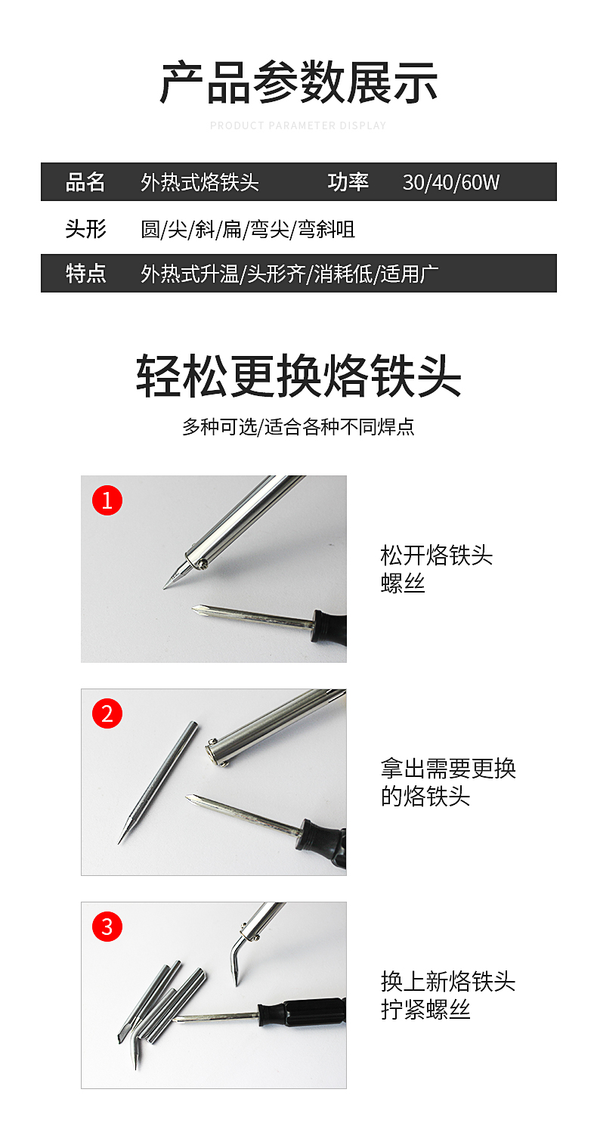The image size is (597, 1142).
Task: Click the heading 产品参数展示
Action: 298,82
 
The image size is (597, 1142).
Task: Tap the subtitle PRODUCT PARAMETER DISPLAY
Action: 298,125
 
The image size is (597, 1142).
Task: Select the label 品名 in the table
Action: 85,182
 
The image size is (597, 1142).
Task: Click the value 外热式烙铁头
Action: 200,182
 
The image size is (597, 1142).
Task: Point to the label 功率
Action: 348,182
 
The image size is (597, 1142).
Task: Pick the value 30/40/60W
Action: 451,182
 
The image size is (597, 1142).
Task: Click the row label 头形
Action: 85,228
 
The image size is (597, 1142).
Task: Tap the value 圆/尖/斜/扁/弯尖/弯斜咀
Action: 248,229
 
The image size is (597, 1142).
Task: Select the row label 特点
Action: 85,274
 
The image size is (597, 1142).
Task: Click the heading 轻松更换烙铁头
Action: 298,376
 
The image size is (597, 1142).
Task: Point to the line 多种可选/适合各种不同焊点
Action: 298,427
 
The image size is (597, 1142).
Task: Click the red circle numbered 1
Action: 107,500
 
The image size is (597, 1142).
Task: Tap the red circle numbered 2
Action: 107,713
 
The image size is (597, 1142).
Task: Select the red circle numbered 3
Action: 107,927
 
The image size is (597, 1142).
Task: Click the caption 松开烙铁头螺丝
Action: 436,569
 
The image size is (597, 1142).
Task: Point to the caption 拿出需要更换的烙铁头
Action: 448,782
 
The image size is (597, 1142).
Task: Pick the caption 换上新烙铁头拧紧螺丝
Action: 448,995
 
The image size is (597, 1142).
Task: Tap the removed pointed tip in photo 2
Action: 157,783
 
